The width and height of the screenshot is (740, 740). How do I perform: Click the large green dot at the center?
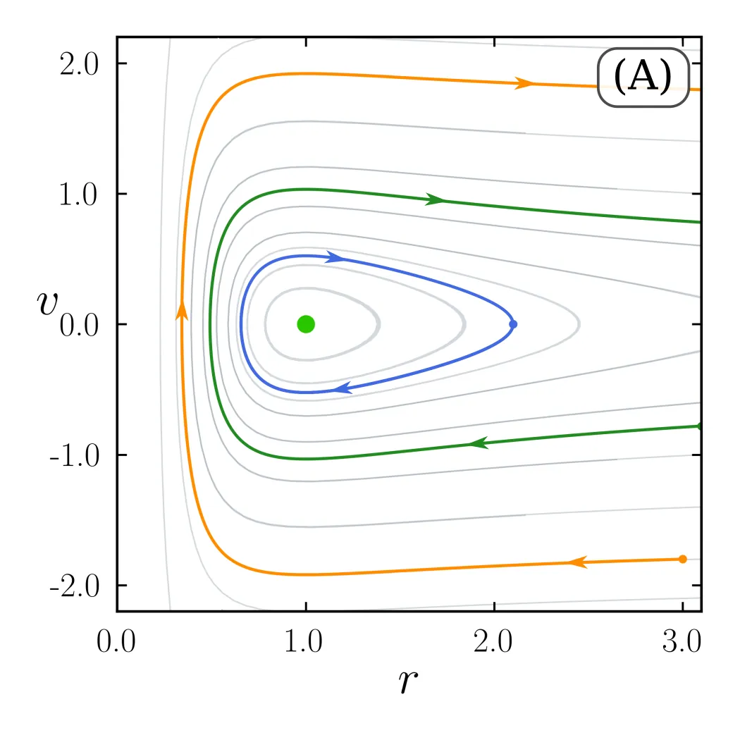pos(306,324)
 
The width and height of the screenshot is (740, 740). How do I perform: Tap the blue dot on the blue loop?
pos(513,324)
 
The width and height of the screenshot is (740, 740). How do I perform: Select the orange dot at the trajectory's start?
pos(682,560)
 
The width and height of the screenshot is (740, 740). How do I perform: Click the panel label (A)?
pos(643,78)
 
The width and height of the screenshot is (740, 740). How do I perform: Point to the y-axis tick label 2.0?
pos(79,63)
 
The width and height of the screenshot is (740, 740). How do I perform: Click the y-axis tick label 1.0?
pos(78,194)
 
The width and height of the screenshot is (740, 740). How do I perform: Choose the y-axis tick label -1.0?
pos(74,455)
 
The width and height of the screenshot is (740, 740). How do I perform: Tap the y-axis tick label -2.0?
pos(74,586)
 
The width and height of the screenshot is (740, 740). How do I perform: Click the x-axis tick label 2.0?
pos(493,641)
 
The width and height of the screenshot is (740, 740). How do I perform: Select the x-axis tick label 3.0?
pos(682,641)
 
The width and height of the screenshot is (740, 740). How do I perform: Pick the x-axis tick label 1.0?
pos(304,641)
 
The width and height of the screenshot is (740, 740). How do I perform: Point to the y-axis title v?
pos(47,302)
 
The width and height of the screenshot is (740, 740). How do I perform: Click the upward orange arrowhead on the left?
pos(182,311)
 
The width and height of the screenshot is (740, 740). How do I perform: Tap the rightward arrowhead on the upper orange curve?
pos(524,83)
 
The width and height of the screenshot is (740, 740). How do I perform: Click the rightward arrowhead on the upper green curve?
pos(435,199)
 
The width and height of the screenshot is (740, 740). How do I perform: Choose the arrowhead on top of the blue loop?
pos(335,257)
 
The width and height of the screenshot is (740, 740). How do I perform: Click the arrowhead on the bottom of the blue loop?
pos(343,388)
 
